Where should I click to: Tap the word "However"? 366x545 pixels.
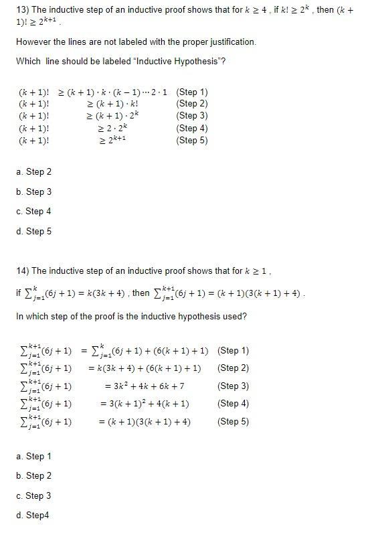pyautogui.click(x=31, y=42)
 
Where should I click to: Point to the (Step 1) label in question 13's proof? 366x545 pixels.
pyautogui.click(x=192, y=92)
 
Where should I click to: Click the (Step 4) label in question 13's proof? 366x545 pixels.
pyautogui.click(x=192, y=128)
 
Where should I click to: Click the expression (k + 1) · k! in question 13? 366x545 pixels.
pyautogui.click(x=119, y=104)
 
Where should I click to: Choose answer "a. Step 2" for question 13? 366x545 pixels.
pyautogui.click(x=33, y=172)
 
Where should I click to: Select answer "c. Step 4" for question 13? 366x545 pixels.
pyautogui.click(x=33, y=212)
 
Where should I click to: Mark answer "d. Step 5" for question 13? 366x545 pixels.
pyautogui.click(x=33, y=232)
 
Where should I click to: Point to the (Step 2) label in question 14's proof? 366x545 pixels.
pyautogui.click(x=234, y=368)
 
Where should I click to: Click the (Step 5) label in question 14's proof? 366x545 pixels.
pyautogui.click(x=234, y=422)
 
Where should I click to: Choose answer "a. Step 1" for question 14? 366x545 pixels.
pyautogui.click(x=33, y=457)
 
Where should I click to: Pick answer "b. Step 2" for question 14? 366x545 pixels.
pyautogui.click(x=33, y=476)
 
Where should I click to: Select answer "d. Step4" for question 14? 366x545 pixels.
pyautogui.click(x=32, y=516)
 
